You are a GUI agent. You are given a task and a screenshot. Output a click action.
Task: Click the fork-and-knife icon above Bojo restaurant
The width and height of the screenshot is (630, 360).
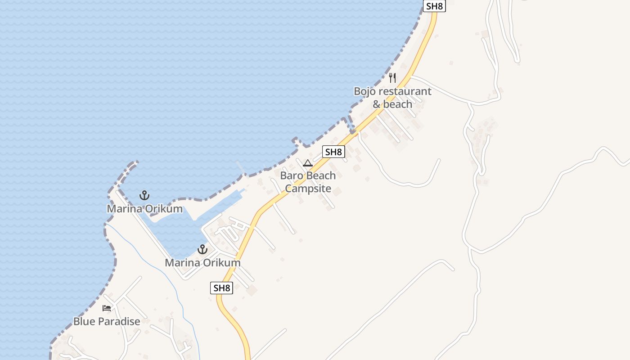392,78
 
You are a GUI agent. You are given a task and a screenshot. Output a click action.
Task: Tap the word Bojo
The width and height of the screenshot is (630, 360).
364,91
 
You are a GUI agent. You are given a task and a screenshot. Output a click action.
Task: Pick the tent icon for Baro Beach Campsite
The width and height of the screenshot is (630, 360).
308,163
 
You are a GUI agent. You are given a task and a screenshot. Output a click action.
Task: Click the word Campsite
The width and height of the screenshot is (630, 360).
308,189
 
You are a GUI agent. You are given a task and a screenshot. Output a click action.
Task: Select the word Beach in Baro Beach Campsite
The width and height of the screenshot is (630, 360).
321,175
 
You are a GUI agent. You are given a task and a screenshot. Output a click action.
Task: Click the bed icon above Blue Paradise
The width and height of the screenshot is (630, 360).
107,308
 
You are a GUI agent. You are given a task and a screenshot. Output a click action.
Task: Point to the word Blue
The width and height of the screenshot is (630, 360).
84,322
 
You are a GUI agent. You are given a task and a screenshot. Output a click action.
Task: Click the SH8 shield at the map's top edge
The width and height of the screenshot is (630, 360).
434,6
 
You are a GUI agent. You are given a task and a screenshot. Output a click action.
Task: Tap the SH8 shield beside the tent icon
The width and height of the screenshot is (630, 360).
333,152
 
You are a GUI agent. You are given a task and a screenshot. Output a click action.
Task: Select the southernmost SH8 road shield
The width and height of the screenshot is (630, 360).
221,288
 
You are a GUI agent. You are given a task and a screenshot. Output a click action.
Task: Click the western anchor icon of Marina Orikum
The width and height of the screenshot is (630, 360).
144,195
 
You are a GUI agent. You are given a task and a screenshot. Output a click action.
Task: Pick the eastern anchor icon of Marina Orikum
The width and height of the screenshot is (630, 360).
202,249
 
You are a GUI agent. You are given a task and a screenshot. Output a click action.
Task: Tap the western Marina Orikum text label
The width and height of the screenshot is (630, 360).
144,209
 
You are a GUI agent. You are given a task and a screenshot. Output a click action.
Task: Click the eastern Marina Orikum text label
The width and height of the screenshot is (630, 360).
202,262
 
